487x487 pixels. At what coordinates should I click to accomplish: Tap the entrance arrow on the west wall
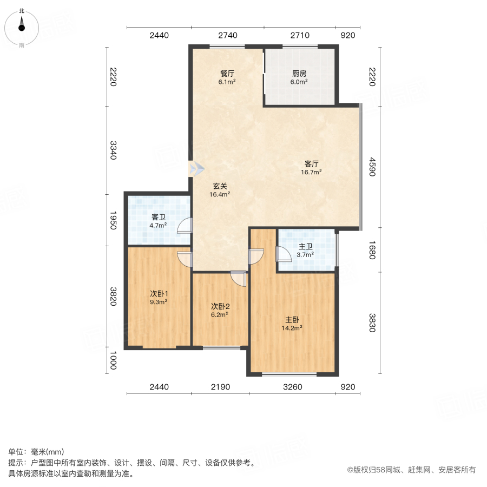click(x=195, y=168)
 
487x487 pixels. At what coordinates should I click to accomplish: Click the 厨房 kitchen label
click(x=299, y=74)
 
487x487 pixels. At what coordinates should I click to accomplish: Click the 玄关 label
click(x=220, y=186)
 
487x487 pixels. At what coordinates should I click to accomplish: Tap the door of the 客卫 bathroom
click(x=186, y=225)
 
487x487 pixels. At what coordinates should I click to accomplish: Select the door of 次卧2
click(x=236, y=277)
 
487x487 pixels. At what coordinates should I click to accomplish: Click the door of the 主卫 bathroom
click(x=282, y=254)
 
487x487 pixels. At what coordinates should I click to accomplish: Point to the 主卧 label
click(x=291, y=319)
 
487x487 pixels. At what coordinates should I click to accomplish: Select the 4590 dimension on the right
click(x=372, y=167)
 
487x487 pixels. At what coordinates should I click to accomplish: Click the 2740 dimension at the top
click(x=227, y=36)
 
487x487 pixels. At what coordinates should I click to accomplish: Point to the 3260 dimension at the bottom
click(x=292, y=387)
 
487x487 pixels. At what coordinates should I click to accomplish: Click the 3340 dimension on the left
click(x=113, y=149)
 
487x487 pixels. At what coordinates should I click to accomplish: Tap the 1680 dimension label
click(x=372, y=249)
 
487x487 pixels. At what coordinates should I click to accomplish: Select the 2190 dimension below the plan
click(x=220, y=387)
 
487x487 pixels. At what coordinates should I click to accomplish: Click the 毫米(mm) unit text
click(x=47, y=452)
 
